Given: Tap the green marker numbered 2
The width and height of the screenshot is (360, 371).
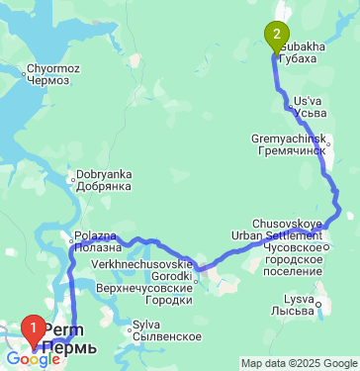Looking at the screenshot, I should (x=276, y=37).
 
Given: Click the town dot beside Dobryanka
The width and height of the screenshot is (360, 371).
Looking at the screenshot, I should (x=71, y=180).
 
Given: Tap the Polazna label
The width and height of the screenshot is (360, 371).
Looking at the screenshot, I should (x=95, y=236).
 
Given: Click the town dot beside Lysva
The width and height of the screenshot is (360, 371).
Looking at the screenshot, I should (x=318, y=300).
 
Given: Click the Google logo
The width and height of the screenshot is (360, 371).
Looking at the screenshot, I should (x=32, y=360).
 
